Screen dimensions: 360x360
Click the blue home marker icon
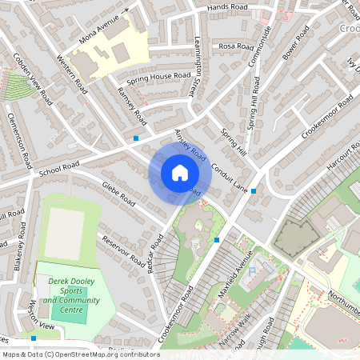click(180, 173)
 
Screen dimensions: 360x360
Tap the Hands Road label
click(227, 7)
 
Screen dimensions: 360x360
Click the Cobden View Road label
click(33, 79)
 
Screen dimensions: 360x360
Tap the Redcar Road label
click(156, 254)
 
